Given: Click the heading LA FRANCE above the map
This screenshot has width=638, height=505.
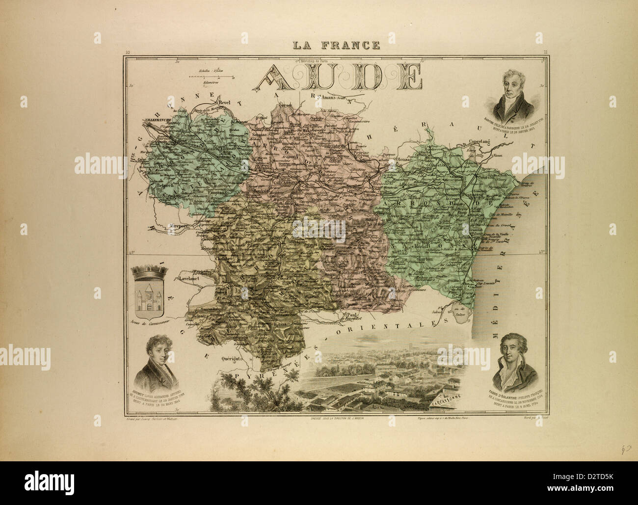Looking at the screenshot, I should [336, 46].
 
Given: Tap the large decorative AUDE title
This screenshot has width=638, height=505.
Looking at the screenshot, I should [338, 78].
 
